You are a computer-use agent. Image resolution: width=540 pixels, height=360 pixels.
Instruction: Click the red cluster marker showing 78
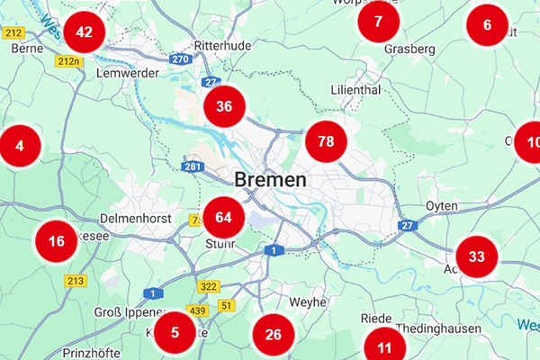tap(326, 141)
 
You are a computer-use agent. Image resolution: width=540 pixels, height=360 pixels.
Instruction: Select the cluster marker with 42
tap(85, 32)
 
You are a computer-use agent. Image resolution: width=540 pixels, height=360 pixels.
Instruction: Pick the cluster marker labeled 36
tap(224, 106)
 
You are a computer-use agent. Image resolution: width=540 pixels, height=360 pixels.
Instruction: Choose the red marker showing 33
tap(477, 256)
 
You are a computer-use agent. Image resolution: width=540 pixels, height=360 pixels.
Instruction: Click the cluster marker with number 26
tap(274, 335)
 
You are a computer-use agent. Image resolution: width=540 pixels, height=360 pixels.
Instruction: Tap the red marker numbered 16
tap(57, 240)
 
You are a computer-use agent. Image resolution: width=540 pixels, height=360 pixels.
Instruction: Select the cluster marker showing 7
tap(378, 22)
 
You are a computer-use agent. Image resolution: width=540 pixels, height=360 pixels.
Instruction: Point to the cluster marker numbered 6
tap(488, 25)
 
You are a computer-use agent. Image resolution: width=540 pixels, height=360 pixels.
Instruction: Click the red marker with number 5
tap(175, 332)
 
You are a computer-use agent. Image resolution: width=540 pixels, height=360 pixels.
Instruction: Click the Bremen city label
tap(270, 179)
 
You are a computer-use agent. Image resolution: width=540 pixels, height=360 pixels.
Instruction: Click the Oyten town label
tap(441, 206)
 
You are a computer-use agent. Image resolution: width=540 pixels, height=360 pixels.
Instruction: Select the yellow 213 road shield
tap(75, 281)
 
